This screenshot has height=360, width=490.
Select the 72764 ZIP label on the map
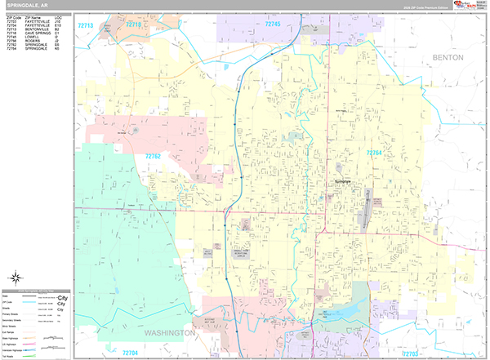tap(374, 153)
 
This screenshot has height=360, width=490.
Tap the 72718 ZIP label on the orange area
tap(133, 26)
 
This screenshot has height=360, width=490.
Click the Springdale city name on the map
tap(343, 181)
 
